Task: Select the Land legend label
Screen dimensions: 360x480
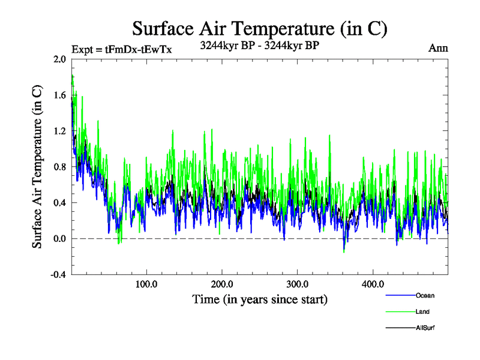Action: point(422,311)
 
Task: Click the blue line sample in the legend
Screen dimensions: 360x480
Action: point(399,295)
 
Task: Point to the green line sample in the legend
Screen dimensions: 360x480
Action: point(399,311)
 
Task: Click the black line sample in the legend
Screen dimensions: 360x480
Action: point(399,327)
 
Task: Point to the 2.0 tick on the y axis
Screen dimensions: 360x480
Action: point(59,59)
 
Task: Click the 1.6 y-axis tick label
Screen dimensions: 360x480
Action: point(59,95)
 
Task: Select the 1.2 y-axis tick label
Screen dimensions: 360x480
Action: point(59,131)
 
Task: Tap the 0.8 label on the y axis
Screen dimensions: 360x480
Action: point(59,167)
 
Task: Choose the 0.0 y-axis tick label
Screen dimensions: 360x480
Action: point(59,239)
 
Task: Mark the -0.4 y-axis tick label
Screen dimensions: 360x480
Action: point(58,275)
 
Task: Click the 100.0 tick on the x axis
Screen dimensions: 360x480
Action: point(146,284)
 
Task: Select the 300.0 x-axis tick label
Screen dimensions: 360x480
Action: point(298,284)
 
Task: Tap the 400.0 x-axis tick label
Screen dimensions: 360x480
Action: point(373,284)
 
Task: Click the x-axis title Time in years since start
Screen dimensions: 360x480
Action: point(259,299)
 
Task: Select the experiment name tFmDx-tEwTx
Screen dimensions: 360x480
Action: point(139,49)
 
